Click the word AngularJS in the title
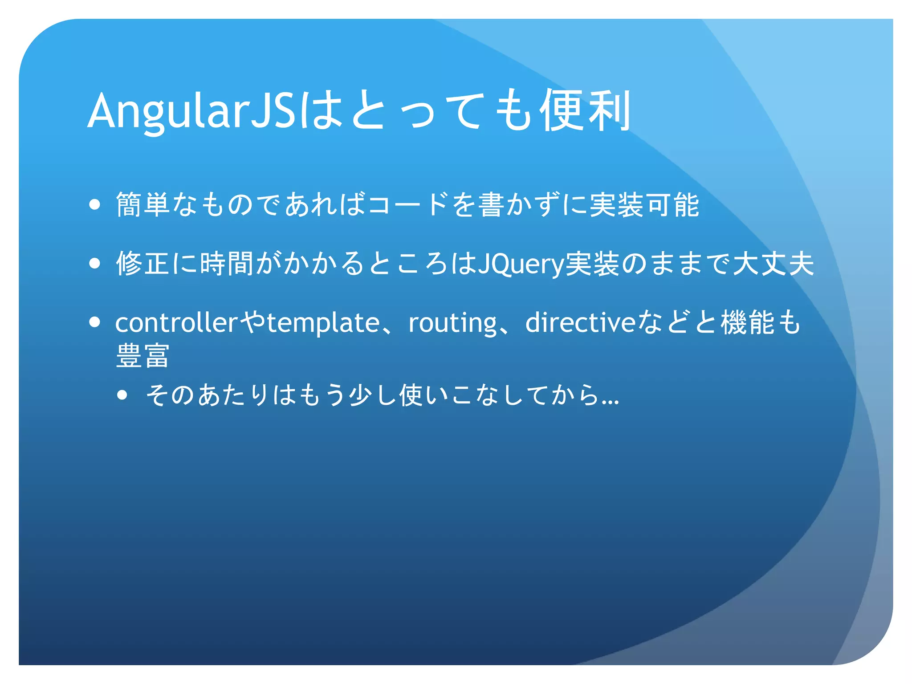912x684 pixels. [191, 111]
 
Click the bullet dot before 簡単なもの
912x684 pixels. [94, 205]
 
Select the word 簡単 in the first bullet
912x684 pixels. [143, 205]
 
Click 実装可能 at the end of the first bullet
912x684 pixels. [644, 205]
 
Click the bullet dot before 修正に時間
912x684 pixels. [94, 263]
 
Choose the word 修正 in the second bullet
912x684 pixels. [143, 263]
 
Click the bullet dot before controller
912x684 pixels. [94, 322]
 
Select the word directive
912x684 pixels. [580, 322]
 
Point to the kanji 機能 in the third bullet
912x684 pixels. [748, 322]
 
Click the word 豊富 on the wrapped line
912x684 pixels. [142, 356]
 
